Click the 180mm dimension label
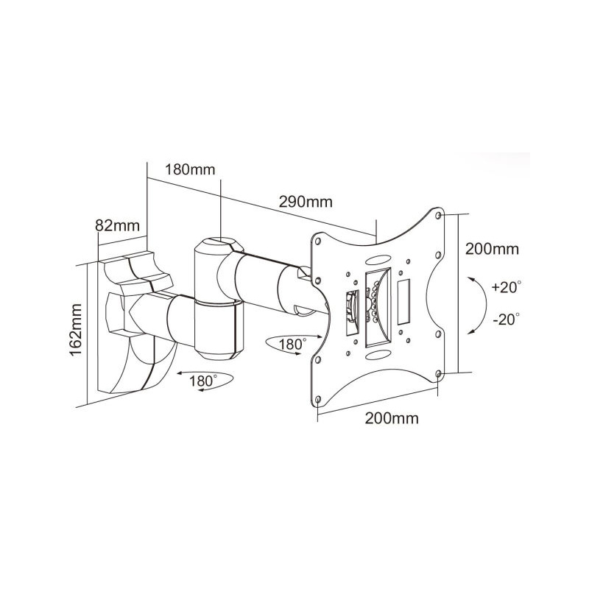[191, 170]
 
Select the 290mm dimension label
[306, 202]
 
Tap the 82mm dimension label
[117, 226]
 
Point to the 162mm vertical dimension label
[77, 330]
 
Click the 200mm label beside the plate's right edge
[492, 249]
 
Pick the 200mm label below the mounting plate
[392, 418]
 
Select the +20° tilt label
[507, 287]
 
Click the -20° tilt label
[507, 320]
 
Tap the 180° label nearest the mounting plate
[292, 344]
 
